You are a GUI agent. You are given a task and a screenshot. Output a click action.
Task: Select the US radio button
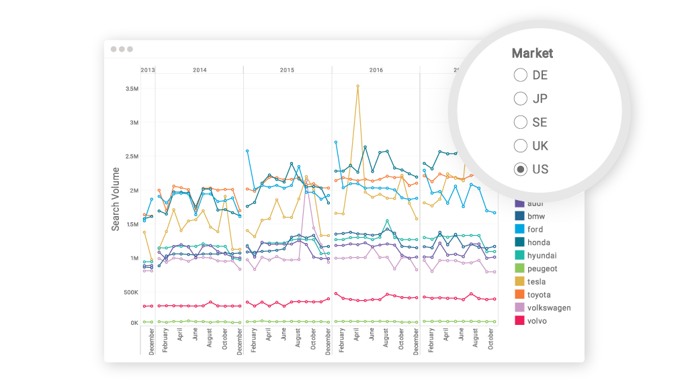pyautogui.click(x=520, y=169)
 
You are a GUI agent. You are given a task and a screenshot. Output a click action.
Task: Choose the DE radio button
pyautogui.click(x=520, y=75)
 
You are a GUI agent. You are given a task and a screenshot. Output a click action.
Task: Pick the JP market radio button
pyautogui.click(x=520, y=99)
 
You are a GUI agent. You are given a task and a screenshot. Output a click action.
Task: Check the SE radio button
pyautogui.click(x=520, y=122)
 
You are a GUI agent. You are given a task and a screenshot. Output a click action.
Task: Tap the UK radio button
pyautogui.click(x=520, y=146)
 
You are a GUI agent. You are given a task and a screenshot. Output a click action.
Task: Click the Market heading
pyautogui.click(x=532, y=53)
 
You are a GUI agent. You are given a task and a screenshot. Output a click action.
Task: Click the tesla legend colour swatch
pyautogui.click(x=519, y=282)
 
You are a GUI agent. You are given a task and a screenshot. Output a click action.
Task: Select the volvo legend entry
pyautogui.click(x=537, y=321)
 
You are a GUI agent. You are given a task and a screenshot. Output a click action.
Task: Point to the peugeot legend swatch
pyautogui.click(x=519, y=269)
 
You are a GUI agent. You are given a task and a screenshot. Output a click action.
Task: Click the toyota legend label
pyautogui.click(x=539, y=295)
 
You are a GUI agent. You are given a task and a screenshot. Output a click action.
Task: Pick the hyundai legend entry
pyautogui.click(x=542, y=256)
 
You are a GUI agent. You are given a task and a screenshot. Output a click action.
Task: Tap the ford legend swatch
pyautogui.click(x=519, y=230)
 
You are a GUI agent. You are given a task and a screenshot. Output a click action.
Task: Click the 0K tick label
pyautogui.click(x=132, y=323)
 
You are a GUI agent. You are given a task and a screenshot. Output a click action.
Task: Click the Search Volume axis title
pyautogui.click(x=116, y=199)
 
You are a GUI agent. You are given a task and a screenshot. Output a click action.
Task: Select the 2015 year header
pyautogui.click(x=287, y=70)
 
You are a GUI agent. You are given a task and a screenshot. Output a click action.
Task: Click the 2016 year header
pyautogui.click(x=376, y=70)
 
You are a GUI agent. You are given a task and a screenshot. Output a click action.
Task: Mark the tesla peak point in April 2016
pyautogui.click(x=357, y=86)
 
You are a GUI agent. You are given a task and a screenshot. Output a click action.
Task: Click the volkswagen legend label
pyautogui.click(x=549, y=308)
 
